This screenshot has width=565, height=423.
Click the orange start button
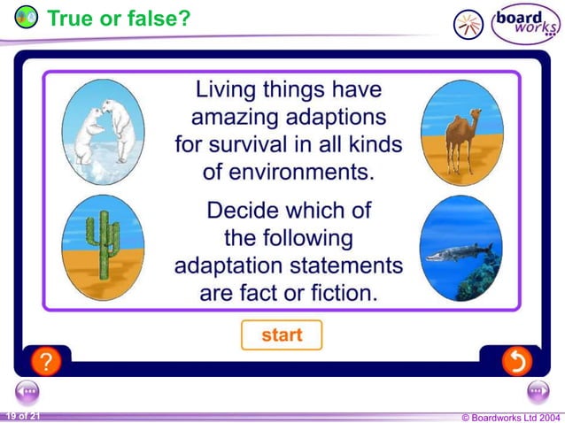coord(282,335)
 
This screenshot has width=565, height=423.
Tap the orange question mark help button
coord(45,361)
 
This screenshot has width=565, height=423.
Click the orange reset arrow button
coord(516,361)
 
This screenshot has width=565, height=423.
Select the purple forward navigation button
coord(538,391)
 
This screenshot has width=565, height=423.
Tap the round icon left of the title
coord(27,17)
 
